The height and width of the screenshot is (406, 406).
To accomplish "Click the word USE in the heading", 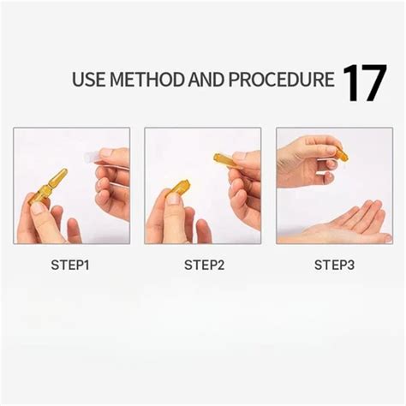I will [89, 81].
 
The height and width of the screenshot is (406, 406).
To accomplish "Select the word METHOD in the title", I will [150, 81].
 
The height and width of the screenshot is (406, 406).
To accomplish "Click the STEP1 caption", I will [71, 266].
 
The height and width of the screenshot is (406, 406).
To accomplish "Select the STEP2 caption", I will [204, 266].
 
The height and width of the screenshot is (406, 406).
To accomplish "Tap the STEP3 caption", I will [334, 266].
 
